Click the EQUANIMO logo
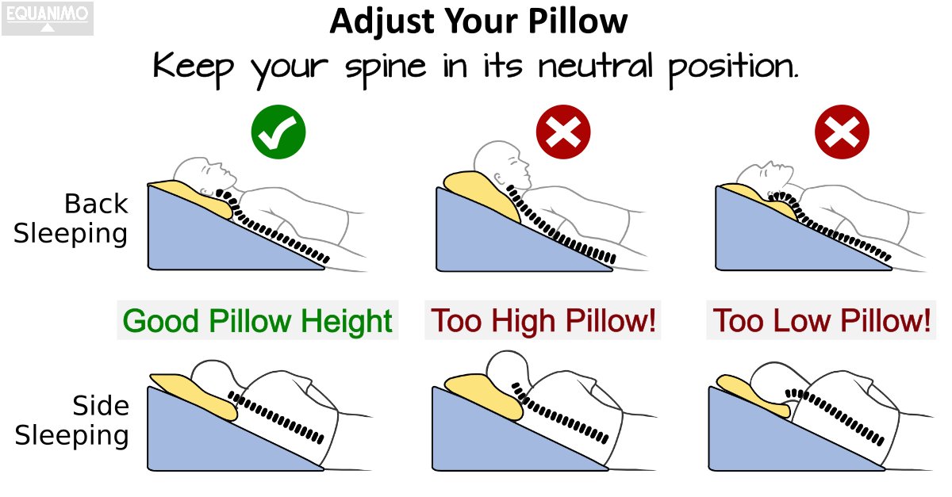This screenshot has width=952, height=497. pos(48,18)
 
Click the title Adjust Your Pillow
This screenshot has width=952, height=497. pos(478,21)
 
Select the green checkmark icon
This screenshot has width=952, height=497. pos(278,134)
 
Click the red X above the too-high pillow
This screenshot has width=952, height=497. pos(563,134)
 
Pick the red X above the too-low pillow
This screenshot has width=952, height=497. pos(843,134)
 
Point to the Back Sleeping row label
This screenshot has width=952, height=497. pos(71,220)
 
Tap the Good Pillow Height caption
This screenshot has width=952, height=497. pos(258,322)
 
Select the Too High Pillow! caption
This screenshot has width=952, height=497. pos(544,322)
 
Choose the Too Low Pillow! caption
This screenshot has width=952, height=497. pos(822,322)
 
